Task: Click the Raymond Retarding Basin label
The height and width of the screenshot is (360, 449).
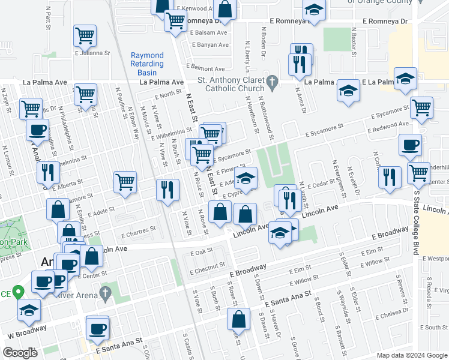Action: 147,64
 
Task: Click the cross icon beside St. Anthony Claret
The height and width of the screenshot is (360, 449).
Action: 273,80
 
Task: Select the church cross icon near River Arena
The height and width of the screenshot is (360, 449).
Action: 106,292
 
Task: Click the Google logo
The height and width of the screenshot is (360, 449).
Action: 20,353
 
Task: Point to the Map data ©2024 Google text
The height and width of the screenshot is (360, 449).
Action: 411,355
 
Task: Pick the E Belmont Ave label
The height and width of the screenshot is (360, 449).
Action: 205,68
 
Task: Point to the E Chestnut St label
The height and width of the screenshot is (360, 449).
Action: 208,266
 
